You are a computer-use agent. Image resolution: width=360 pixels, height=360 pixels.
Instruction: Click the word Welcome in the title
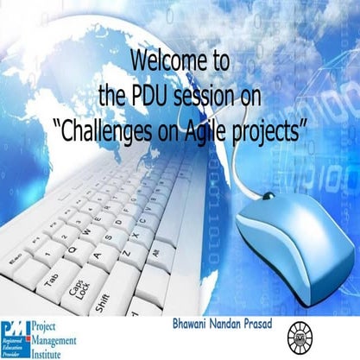pos(165,61)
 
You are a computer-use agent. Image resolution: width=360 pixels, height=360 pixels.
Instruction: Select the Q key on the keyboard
pos(76,251)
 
